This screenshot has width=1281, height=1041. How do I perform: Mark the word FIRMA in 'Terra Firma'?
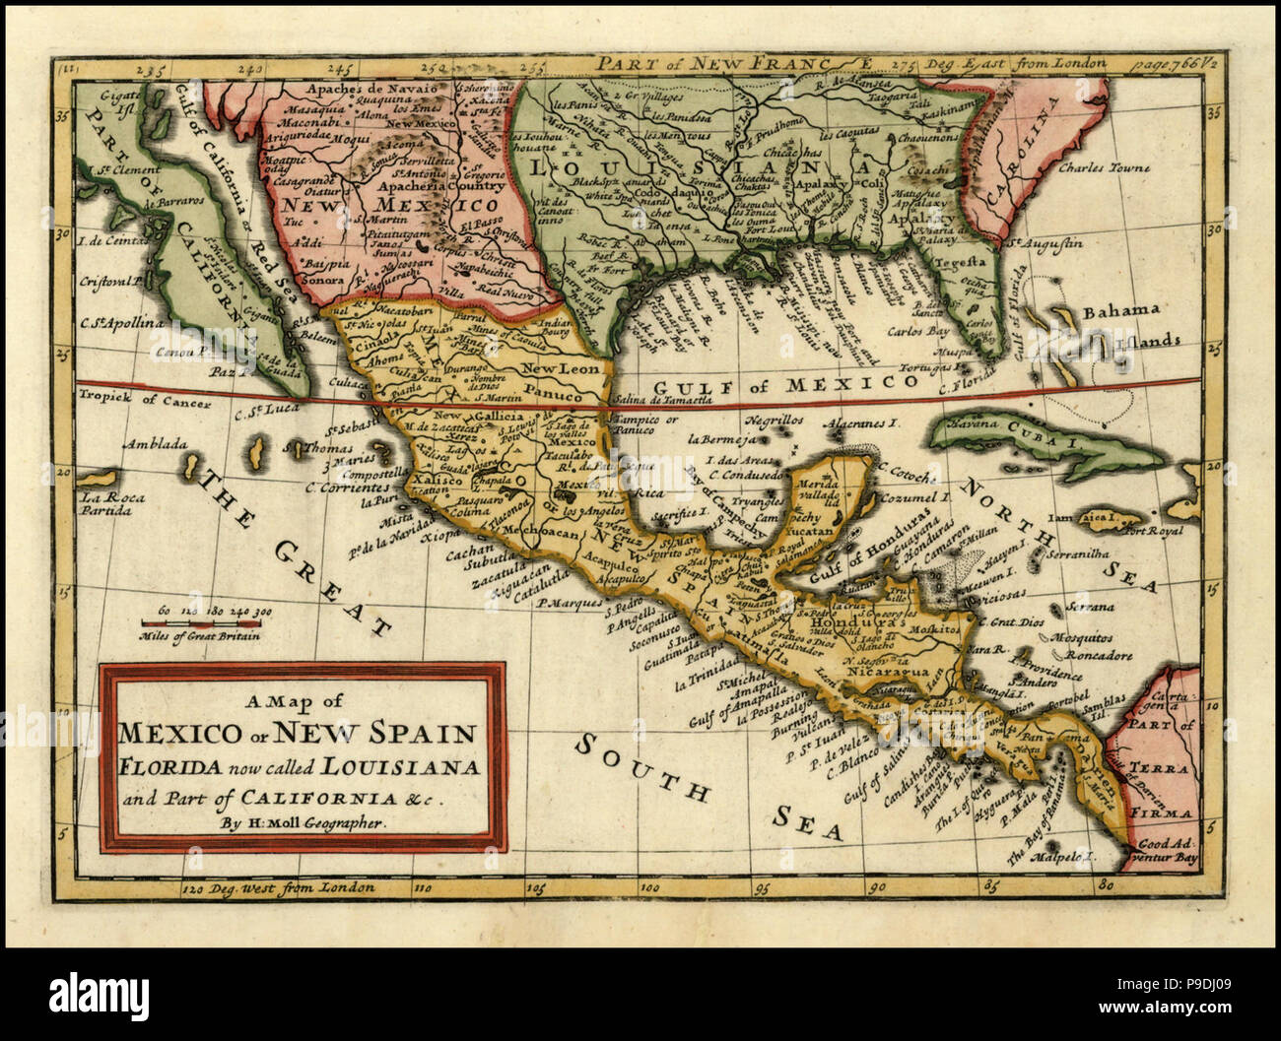tap(1167, 813)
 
